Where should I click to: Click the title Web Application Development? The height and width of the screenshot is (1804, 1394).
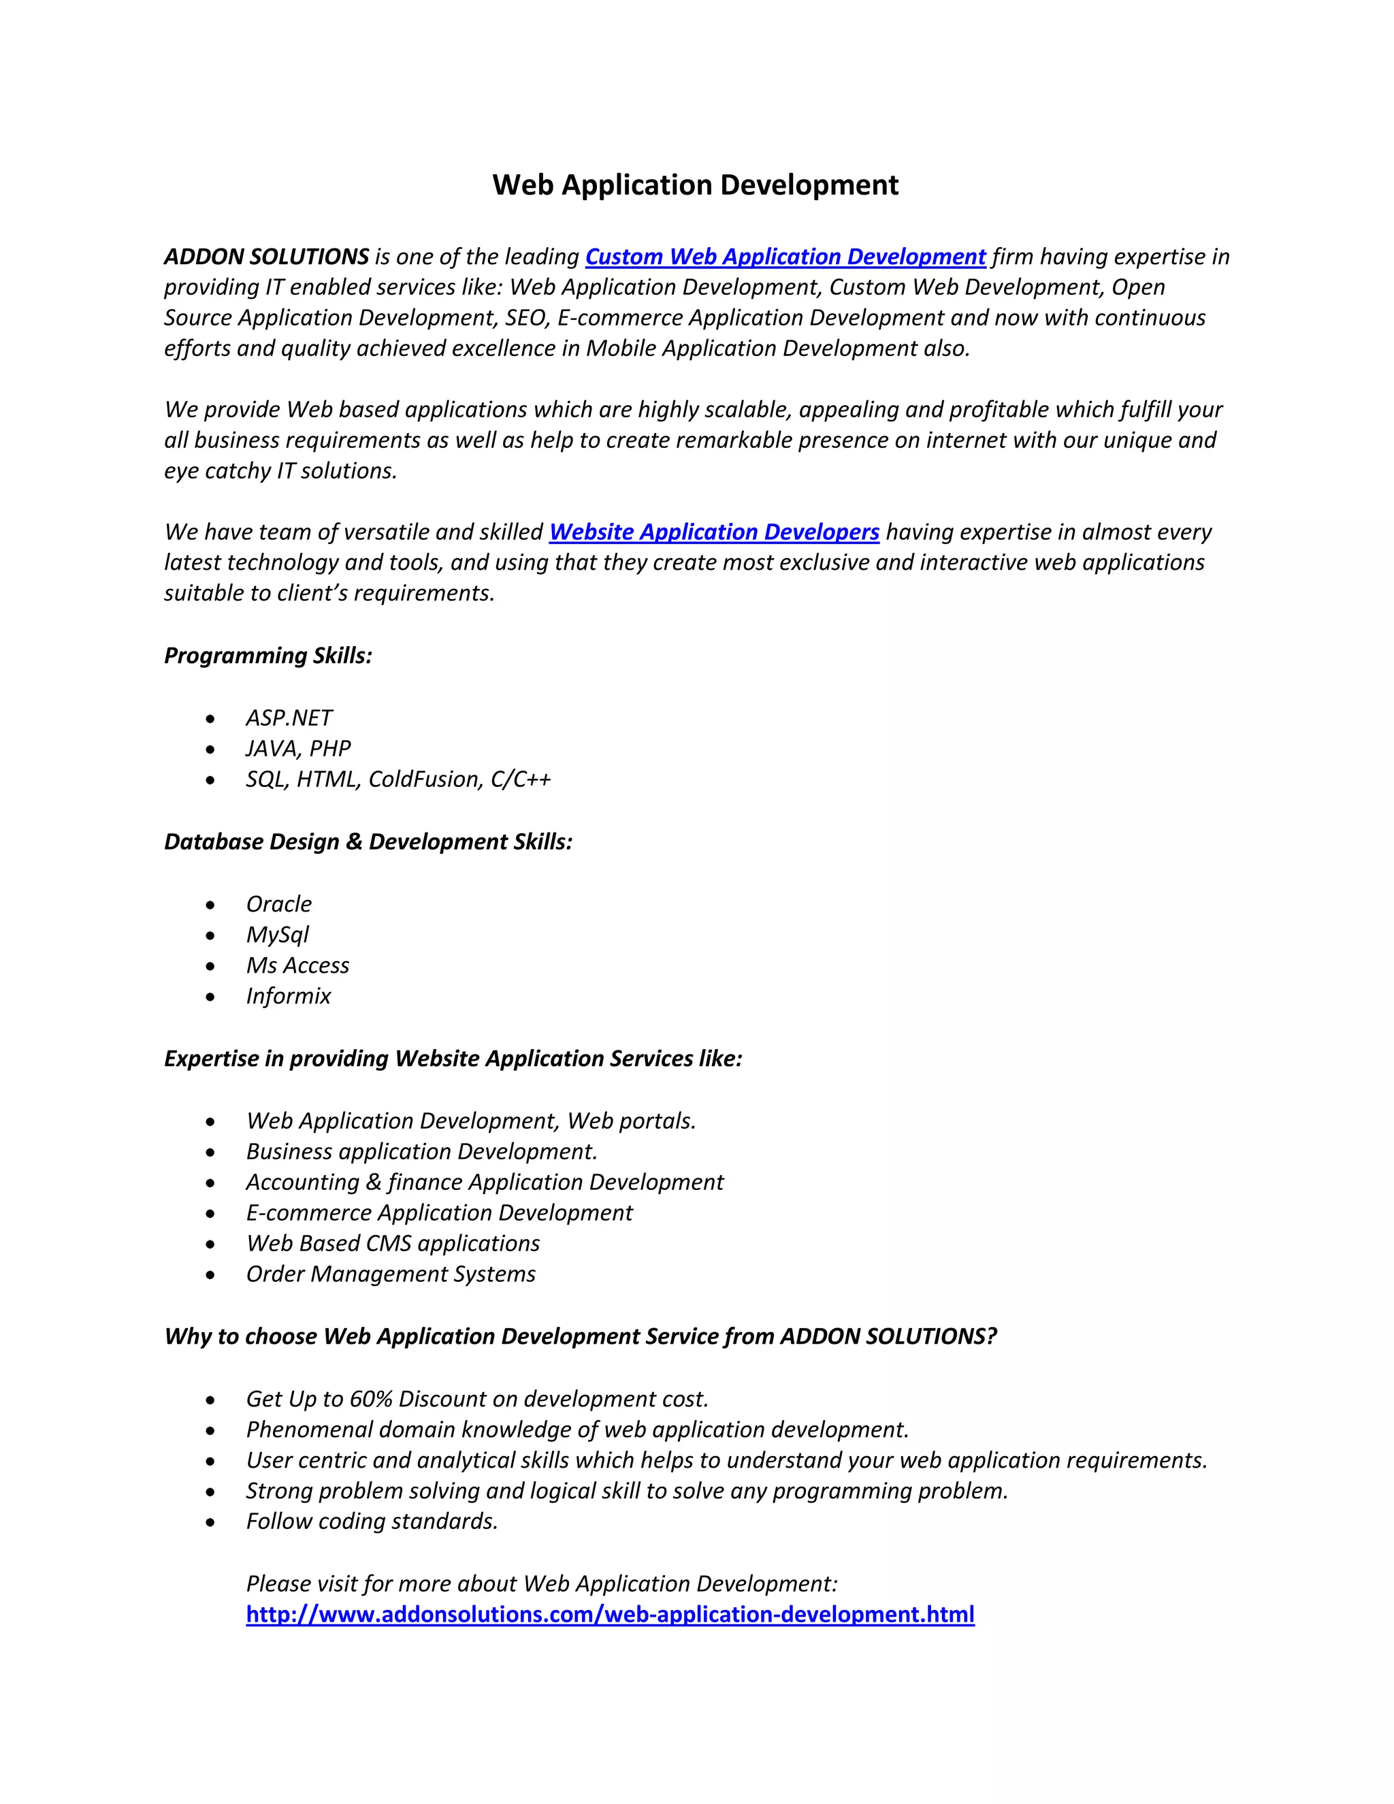point(696,185)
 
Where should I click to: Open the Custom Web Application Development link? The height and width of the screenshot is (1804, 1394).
point(785,257)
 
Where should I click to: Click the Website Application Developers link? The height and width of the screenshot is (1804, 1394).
point(714,532)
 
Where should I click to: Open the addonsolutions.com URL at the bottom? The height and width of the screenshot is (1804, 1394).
point(611,1614)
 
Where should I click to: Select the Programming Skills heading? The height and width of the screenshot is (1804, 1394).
point(268,656)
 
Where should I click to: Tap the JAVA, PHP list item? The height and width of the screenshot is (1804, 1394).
point(298,748)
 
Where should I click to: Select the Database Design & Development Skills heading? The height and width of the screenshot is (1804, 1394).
point(368,841)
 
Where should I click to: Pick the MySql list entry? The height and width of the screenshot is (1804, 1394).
point(278,935)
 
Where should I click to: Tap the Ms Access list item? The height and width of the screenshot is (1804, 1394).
point(298,965)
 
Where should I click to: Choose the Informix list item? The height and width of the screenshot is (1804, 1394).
point(288,996)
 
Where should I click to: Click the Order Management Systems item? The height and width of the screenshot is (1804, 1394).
point(391,1274)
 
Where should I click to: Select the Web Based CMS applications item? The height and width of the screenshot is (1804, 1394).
point(393,1243)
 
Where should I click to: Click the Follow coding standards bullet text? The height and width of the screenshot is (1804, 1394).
point(372,1521)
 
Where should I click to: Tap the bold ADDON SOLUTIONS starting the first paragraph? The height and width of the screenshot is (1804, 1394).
point(266,257)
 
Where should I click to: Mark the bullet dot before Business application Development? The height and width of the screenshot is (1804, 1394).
point(210,1153)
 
